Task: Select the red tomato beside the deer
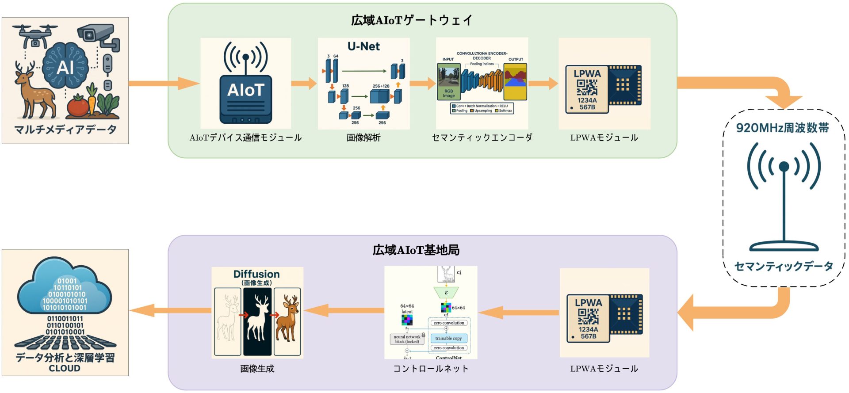[78, 107]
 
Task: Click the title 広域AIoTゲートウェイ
[412, 20]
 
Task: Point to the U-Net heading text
[363, 46]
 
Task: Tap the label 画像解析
[363, 138]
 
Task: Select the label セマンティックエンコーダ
[482, 138]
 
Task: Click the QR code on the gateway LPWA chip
[587, 88]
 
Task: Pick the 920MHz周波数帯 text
[782, 128]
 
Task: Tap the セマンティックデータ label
[784, 267]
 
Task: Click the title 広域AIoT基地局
[416, 251]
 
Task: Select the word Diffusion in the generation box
[256, 274]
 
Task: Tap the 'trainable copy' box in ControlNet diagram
[448, 339]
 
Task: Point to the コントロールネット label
[431, 369]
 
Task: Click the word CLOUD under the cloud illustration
[65, 369]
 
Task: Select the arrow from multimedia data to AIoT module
[164, 84]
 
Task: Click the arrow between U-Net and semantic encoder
[423, 83]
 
